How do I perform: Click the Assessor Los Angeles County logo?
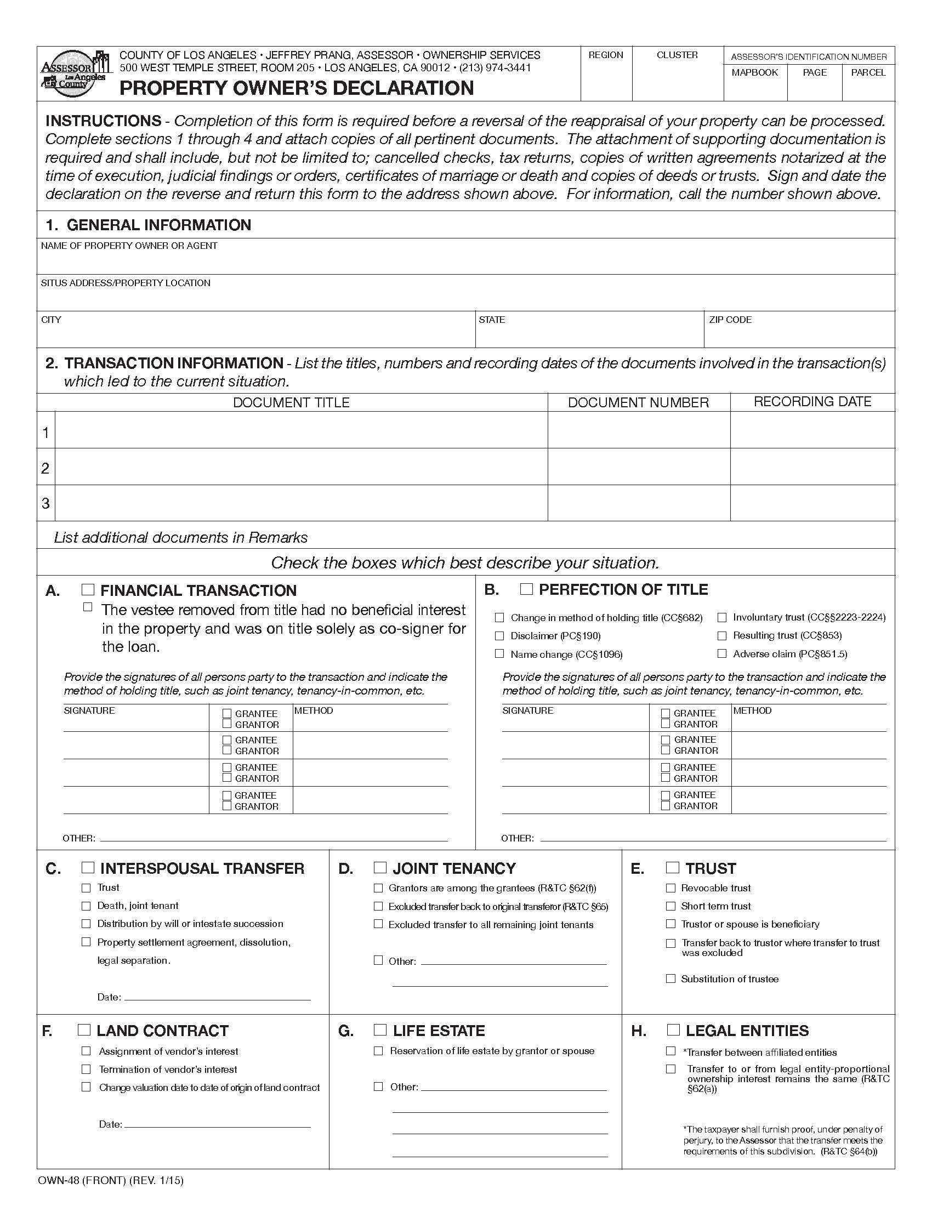[73, 73]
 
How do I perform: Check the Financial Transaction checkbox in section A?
[88, 589]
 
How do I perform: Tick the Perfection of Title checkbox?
[526, 589]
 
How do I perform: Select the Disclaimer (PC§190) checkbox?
[499, 635]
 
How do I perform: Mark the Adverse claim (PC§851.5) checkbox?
[721, 653]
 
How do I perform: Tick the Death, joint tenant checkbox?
[86, 906]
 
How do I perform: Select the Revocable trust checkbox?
[671, 888]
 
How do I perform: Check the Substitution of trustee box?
[671, 979]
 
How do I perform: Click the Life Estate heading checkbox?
[380, 1029]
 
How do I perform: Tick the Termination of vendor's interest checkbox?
[86, 1069]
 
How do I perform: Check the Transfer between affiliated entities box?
[671, 1051]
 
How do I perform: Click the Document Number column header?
[638, 402]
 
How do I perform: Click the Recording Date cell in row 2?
[812, 467]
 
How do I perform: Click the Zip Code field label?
[730, 320]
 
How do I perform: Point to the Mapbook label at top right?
[754, 72]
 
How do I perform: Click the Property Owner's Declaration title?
[297, 88]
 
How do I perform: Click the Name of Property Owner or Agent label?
[129, 246]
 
